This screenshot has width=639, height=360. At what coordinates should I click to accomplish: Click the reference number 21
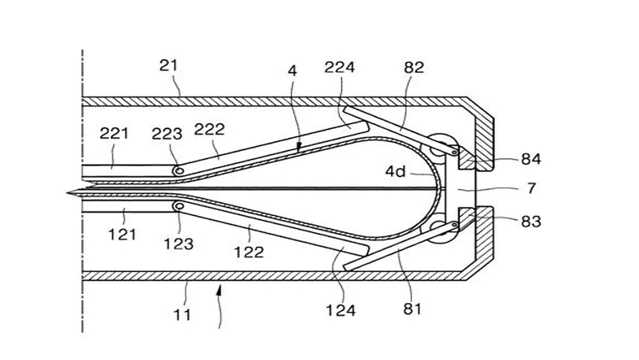tap(169, 65)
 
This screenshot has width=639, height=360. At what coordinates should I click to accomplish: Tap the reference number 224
tap(339, 67)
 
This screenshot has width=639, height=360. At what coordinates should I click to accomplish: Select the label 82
tap(414, 67)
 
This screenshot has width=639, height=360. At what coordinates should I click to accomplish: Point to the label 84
tap(531, 159)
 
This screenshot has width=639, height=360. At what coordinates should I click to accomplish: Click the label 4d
tap(395, 171)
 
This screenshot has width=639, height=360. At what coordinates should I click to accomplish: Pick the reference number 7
tap(531, 189)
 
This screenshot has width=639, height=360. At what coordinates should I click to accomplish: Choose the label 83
tap(531, 222)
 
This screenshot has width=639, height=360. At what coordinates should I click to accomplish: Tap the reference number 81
tap(412, 309)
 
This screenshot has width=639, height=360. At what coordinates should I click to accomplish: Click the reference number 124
tap(340, 311)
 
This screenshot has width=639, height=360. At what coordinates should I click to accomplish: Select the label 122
tap(249, 253)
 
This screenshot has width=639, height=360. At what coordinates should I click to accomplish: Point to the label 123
tap(179, 244)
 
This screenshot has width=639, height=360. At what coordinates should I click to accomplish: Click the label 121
tap(122, 235)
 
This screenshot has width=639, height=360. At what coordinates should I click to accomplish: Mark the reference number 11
tap(182, 315)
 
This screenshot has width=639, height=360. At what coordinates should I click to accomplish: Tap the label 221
tap(114, 133)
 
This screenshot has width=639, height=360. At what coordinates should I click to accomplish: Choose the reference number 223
tap(167, 134)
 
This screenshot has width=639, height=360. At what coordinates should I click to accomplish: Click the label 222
tap(209, 130)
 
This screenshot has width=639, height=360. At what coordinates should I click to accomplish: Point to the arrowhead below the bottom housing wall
tap(219, 291)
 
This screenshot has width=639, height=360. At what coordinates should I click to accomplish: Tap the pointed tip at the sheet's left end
tap(67, 193)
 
